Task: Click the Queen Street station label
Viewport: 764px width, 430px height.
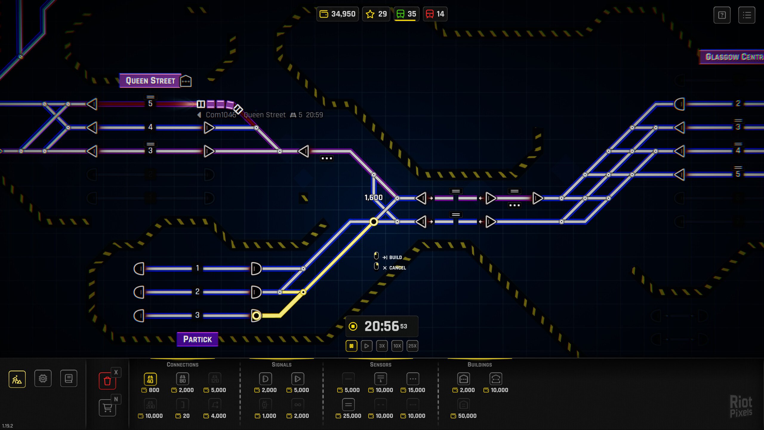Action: (150, 81)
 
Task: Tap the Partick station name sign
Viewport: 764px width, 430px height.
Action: (197, 339)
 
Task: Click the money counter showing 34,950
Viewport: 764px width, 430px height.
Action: (338, 14)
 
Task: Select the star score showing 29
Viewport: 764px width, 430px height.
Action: (376, 14)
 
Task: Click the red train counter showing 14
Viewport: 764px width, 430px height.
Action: (435, 14)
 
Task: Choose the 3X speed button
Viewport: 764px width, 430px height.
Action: (382, 346)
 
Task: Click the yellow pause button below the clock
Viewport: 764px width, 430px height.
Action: (352, 346)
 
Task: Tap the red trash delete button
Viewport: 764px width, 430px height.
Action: (107, 381)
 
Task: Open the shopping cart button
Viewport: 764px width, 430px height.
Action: (107, 408)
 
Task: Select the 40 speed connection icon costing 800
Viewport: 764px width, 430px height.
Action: (150, 379)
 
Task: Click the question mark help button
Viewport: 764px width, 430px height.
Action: (722, 15)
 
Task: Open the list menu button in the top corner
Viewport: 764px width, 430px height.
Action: (747, 15)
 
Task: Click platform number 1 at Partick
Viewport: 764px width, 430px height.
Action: (197, 268)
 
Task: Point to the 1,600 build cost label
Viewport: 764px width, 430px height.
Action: (373, 197)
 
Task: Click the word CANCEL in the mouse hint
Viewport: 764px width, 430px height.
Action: (398, 268)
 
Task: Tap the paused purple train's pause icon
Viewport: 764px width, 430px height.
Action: (201, 104)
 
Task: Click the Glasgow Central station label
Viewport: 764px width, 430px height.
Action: (733, 57)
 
